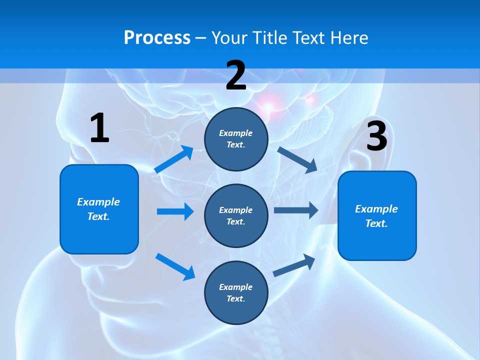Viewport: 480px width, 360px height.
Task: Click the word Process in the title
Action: pyautogui.click(x=157, y=38)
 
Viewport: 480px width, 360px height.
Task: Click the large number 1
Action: pyautogui.click(x=99, y=128)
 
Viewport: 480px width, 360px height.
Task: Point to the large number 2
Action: pyautogui.click(x=236, y=75)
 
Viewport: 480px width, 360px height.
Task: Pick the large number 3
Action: pyautogui.click(x=376, y=136)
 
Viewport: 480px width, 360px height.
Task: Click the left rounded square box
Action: pyautogui.click(x=99, y=209)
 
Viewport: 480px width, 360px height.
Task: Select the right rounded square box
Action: pyautogui.click(x=377, y=215)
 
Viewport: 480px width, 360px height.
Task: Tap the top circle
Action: pyautogui.click(x=236, y=139)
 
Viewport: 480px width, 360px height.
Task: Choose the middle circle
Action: pyautogui.click(x=236, y=215)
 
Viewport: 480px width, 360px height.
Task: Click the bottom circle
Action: pyautogui.click(x=236, y=292)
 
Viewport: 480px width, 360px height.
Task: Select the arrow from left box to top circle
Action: pyautogui.click(x=174, y=159)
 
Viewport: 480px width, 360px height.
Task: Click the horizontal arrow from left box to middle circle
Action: pyautogui.click(x=175, y=211)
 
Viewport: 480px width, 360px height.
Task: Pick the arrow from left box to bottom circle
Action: pyautogui.click(x=175, y=266)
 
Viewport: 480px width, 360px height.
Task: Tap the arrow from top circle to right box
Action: pyautogui.click(x=298, y=159)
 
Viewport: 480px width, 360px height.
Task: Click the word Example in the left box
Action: pyautogui.click(x=98, y=202)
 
